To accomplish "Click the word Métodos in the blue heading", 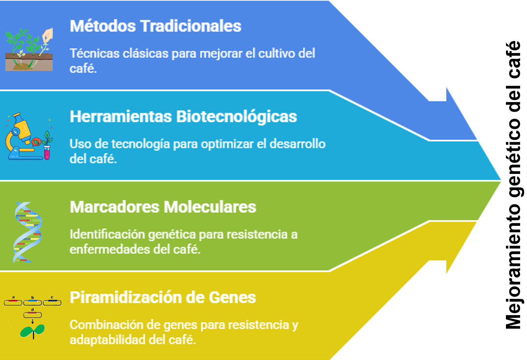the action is (103, 26).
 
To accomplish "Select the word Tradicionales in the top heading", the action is (191, 26).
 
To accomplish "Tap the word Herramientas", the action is (121, 116).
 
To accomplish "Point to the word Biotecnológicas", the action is (237, 117).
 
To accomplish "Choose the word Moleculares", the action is (210, 207).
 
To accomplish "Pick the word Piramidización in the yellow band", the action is (125, 298).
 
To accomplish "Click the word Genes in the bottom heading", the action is (232, 298).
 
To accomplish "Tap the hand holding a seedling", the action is (47, 36).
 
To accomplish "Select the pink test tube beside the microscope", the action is (47, 152).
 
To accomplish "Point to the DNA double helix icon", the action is (28, 232).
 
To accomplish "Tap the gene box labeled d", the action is (33, 315).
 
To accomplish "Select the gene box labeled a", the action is (13, 302).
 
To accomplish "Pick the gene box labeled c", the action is (52, 302).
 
